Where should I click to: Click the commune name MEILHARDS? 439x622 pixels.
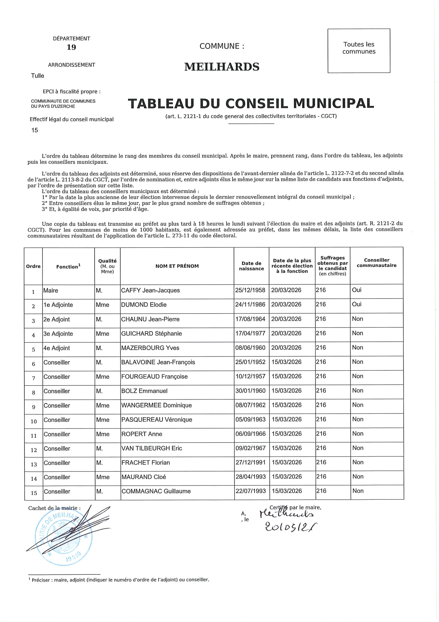[x=222, y=67]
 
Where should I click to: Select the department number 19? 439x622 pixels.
[x=71, y=47]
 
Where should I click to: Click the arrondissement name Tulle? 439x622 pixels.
[x=38, y=76]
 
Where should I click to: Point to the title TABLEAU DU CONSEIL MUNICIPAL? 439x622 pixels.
[x=251, y=103]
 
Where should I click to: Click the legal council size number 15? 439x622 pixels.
[x=35, y=130]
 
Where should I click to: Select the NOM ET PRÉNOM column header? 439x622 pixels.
[x=177, y=266]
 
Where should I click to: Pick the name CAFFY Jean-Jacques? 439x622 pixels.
[x=150, y=291]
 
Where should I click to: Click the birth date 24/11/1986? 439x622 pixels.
[x=250, y=304]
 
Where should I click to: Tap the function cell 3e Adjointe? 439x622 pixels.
[x=58, y=334]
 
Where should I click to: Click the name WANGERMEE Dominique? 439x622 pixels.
[x=156, y=405]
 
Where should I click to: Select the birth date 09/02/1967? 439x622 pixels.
[x=251, y=448]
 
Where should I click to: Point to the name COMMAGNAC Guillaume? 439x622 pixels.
[x=156, y=492]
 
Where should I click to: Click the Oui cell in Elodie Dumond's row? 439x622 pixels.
[x=357, y=304]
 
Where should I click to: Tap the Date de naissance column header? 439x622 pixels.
[x=251, y=266]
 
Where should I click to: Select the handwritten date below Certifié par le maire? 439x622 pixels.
[x=291, y=527]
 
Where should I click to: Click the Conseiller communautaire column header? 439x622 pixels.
[x=377, y=263]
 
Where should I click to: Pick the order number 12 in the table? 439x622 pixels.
[x=34, y=450]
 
